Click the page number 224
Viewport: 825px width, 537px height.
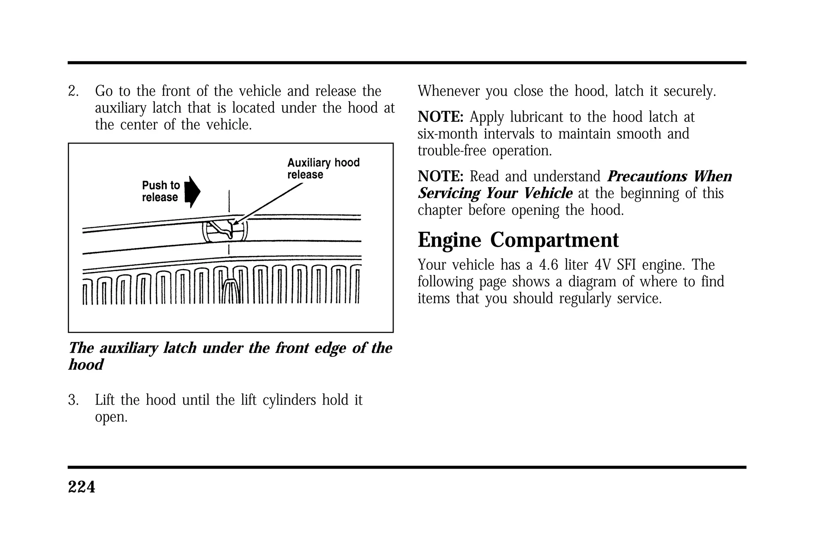[x=81, y=487]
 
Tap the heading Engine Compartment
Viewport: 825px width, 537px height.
[x=518, y=240]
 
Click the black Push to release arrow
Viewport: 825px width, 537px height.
[x=193, y=192]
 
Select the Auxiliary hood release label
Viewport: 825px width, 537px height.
[x=323, y=169]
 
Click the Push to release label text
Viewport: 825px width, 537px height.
[x=161, y=191]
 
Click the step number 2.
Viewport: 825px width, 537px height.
[x=73, y=91]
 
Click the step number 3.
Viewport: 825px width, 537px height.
[x=73, y=400]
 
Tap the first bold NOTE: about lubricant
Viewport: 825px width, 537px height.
[x=441, y=117]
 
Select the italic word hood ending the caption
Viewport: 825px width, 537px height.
[x=86, y=365]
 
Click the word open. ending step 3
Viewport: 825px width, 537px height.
[x=111, y=418]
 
